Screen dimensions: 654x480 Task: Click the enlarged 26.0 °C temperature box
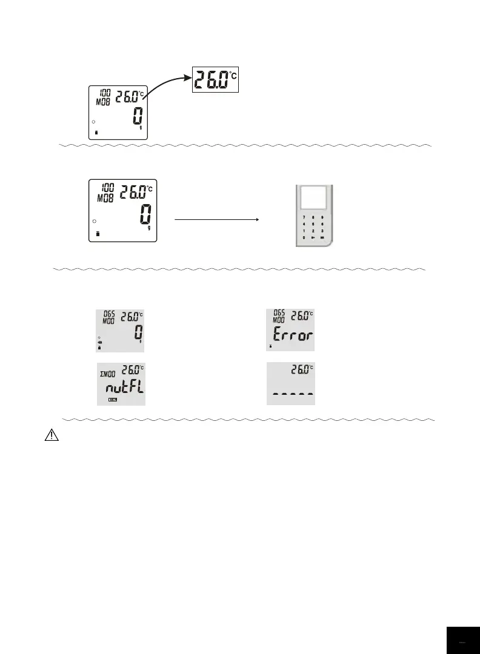pyautogui.click(x=216, y=79)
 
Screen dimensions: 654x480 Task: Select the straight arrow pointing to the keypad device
pyautogui.click(x=216, y=220)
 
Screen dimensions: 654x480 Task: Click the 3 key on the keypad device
pyautogui.click(x=323, y=231)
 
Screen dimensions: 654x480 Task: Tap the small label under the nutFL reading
pyautogui.click(x=113, y=400)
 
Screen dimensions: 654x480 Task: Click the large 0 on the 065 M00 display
pyautogui.click(x=138, y=333)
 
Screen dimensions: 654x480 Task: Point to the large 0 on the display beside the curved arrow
pyautogui.click(x=138, y=117)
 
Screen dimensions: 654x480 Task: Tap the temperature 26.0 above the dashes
pyautogui.click(x=299, y=369)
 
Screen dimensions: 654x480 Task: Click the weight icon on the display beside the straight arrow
pyautogui.click(x=98, y=233)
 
